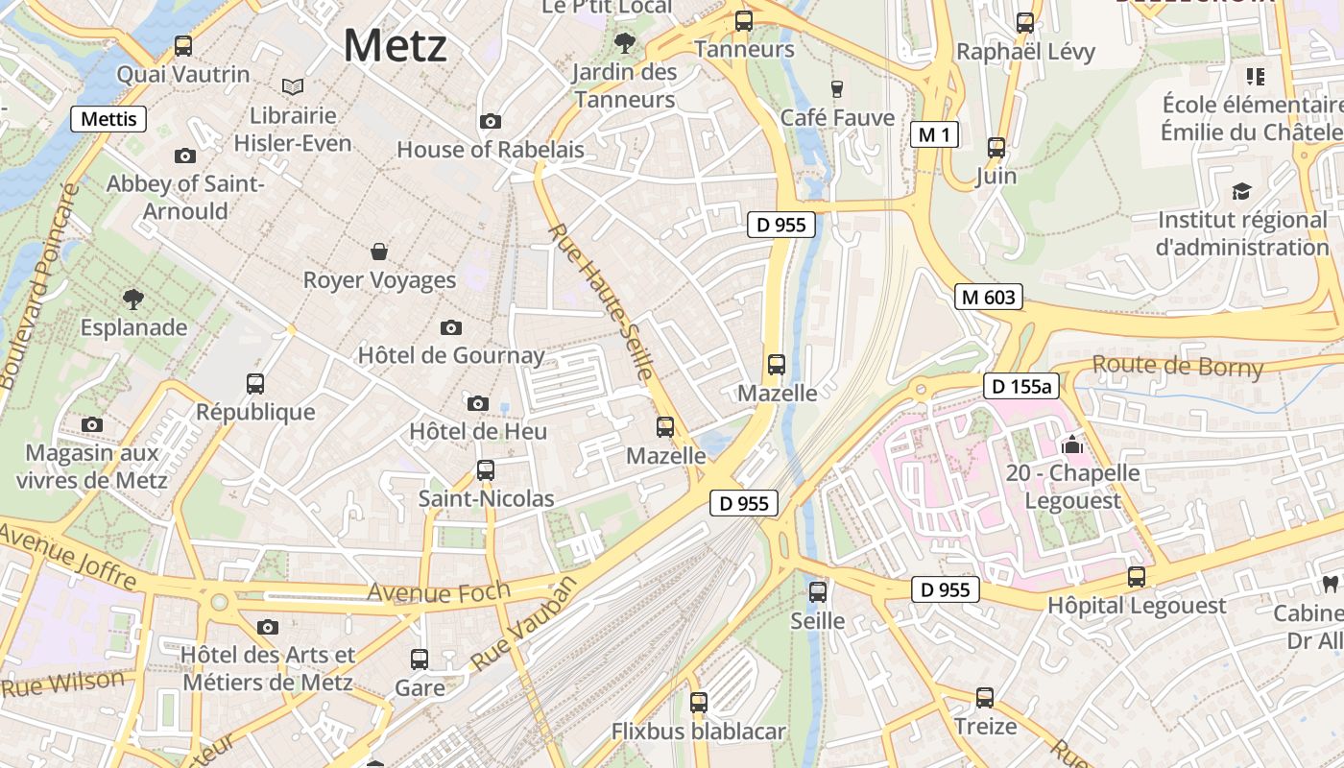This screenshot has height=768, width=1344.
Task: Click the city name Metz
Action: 395,46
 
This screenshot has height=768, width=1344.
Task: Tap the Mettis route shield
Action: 108,119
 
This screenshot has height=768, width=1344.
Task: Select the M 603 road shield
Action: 988,298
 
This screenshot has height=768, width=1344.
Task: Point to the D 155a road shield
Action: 1020,387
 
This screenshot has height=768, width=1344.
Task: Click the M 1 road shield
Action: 934,135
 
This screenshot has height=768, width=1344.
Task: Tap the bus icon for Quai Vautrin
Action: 182,45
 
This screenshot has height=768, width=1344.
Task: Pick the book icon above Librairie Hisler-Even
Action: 293,87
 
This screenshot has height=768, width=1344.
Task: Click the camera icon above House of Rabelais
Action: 491,121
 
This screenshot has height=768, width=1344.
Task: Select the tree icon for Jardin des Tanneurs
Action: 625,42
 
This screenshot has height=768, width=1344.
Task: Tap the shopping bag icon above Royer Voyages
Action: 380,252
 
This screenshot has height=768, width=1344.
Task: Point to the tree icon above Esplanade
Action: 133,299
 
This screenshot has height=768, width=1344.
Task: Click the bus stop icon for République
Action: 255,384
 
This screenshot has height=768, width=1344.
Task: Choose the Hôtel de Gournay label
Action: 451,355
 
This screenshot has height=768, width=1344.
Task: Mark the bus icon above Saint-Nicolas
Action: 486,470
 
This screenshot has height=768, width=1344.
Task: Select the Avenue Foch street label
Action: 438,591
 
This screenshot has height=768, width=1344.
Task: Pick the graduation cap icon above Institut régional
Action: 1242,191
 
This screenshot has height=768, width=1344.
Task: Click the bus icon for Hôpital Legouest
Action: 1137,577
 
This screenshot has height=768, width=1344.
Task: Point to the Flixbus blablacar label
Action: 698,732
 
